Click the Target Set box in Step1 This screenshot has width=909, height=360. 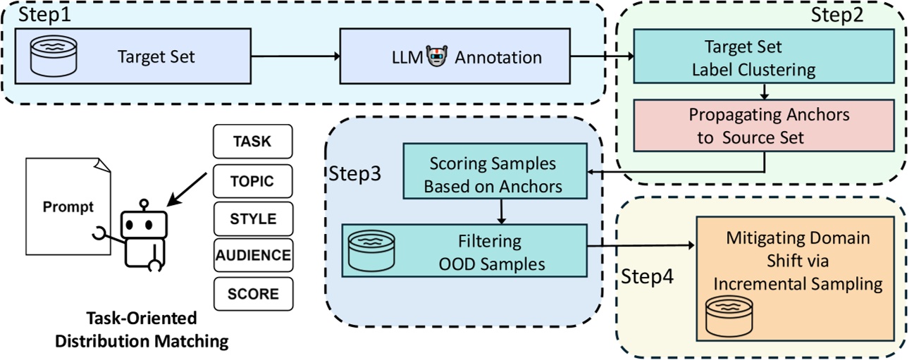133,57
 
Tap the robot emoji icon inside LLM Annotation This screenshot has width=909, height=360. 437,57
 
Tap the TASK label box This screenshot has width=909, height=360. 252,142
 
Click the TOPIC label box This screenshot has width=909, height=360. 252,181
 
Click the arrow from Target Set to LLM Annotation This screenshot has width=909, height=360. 296,57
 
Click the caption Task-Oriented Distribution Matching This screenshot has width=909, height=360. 142,329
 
